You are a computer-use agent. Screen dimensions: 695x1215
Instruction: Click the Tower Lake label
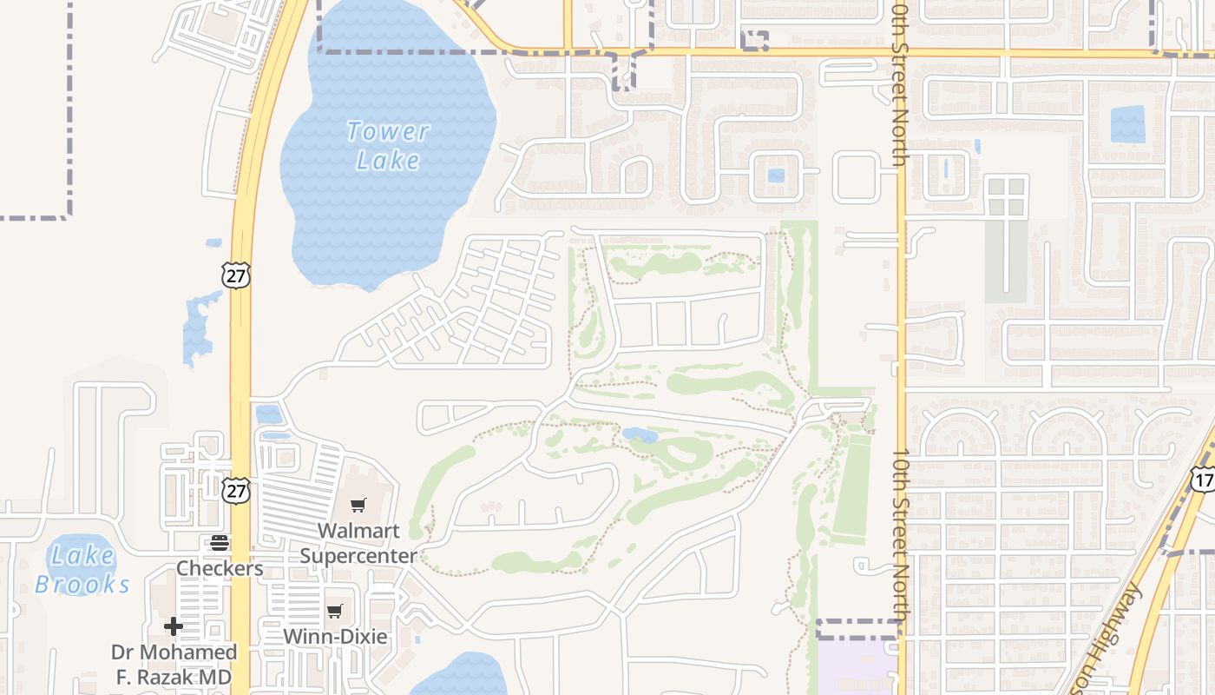pos(387,146)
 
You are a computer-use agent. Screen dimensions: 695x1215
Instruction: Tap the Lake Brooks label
pos(82,570)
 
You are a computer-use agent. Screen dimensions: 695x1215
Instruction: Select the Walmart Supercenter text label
pos(358,543)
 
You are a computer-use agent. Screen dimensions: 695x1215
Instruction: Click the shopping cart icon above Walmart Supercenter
pos(358,505)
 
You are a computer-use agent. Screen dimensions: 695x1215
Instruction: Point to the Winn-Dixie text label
pos(335,637)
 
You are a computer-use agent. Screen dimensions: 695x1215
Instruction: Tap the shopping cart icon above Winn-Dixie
pos(335,611)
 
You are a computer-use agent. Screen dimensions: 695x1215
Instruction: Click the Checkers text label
pos(220,568)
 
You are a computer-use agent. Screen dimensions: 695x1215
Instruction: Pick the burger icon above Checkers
pos(220,543)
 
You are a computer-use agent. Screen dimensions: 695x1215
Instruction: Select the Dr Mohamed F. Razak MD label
pos(174,665)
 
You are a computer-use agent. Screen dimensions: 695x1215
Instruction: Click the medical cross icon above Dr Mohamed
pos(174,625)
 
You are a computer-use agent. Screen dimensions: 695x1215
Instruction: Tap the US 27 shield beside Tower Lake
pos(235,275)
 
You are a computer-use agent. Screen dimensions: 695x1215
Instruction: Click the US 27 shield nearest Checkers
pos(235,490)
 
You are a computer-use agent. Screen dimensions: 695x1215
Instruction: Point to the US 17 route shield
pos(1203,480)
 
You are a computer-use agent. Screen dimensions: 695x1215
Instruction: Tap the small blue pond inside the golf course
pos(640,434)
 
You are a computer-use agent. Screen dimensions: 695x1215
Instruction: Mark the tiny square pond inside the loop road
pos(776,175)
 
